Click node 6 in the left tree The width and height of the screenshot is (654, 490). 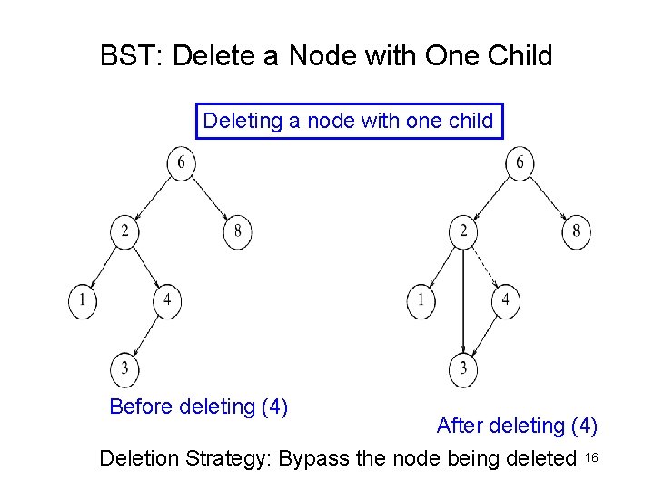[182, 163]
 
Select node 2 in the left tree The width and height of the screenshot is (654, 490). [124, 232]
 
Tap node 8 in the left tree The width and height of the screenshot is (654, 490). [237, 232]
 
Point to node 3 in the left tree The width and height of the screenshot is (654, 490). [125, 369]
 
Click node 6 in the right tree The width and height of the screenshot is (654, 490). [520, 163]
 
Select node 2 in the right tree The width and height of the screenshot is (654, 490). [463, 232]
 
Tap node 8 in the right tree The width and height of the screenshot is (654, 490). [576, 232]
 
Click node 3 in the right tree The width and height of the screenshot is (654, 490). [464, 369]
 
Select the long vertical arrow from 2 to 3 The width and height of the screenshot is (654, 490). [464, 299]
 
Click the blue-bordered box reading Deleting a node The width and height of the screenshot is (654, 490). [350, 121]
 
